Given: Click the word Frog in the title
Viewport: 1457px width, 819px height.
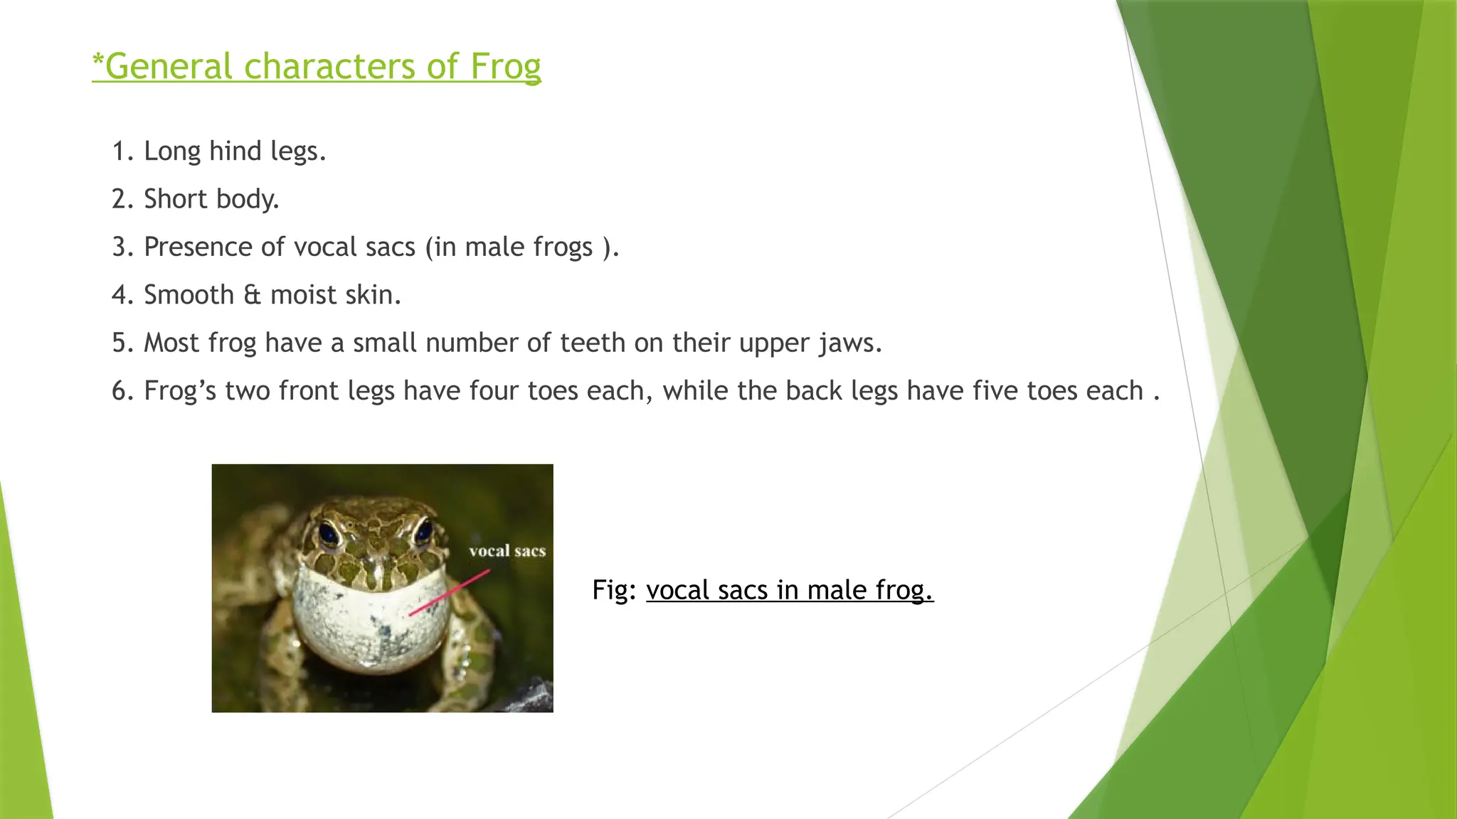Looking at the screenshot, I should click(x=505, y=67).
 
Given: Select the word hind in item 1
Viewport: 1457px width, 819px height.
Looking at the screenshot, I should click(x=235, y=151).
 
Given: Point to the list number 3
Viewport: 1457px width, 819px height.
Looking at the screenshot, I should click(x=120, y=247).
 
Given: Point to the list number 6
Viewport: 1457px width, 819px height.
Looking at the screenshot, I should click(x=120, y=391).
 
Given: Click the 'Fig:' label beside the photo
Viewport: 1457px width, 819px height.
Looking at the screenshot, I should click(x=614, y=590).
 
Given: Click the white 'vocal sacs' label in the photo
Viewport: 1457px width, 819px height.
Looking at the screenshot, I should click(x=507, y=551).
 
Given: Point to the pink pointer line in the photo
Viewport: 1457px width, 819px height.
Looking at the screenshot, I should click(x=450, y=592).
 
